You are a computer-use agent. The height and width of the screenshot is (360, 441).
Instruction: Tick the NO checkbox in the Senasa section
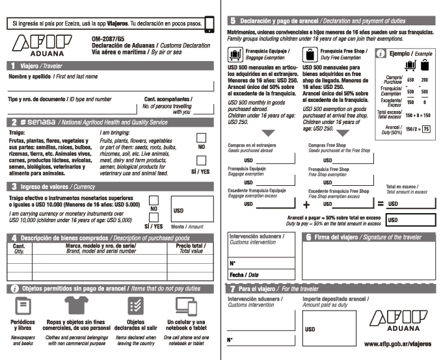click(x=202, y=138)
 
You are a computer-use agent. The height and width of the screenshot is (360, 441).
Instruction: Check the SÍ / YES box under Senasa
click(x=202, y=164)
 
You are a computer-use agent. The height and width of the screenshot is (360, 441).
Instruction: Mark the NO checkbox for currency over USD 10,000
click(x=154, y=200)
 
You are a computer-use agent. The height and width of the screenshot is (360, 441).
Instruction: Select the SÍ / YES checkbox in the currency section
click(x=154, y=217)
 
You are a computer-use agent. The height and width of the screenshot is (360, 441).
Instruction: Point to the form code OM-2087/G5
click(x=109, y=38)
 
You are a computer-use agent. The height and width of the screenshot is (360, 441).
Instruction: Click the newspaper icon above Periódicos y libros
click(x=23, y=306)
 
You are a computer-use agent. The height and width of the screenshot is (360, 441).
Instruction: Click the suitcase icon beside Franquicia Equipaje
click(x=234, y=54)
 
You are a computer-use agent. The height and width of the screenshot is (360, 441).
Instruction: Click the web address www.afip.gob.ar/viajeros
click(x=399, y=342)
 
